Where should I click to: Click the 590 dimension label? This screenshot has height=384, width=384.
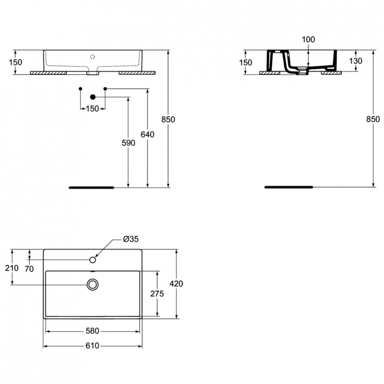[129, 143]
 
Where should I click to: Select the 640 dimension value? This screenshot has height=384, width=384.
[148, 135]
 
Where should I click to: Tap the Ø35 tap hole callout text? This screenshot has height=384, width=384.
[131, 239]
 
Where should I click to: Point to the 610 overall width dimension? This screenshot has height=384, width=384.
[92, 346]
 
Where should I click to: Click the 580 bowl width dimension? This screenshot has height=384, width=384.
[92, 331]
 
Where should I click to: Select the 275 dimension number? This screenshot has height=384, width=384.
[157, 293]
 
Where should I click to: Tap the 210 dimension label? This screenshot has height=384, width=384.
[12, 268]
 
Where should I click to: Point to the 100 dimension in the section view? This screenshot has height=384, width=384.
[309, 39]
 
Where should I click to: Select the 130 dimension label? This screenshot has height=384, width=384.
[355, 61]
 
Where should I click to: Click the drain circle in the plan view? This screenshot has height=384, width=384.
[93, 284]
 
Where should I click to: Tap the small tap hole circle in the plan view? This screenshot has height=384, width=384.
[93, 260]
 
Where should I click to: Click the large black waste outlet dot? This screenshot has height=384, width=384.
[93, 97]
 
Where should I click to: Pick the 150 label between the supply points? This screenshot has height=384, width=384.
[92, 109]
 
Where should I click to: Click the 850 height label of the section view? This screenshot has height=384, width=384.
[373, 119]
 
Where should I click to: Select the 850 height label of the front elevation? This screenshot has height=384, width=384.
[168, 119]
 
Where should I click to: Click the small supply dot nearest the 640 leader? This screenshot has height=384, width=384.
[105, 89]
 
